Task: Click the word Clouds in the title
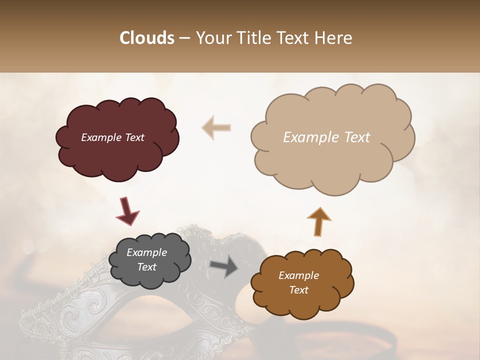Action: (x=147, y=38)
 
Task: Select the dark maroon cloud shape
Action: (x=117, y=155)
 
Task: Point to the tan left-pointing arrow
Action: (x=216, y=127)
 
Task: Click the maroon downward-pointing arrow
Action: (x=127, y=210)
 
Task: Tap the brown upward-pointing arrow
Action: (x=319, y=221)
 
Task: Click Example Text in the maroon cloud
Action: (x=112, y=137)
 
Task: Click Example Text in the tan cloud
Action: (x=326, y=137)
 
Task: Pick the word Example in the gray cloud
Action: (x=146, y=252)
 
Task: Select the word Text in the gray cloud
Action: (x=146, y=267)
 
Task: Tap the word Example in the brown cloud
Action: (x=298, y=275)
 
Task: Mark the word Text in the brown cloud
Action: (x=298, y=290)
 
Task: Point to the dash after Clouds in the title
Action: (x=184, y=38)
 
